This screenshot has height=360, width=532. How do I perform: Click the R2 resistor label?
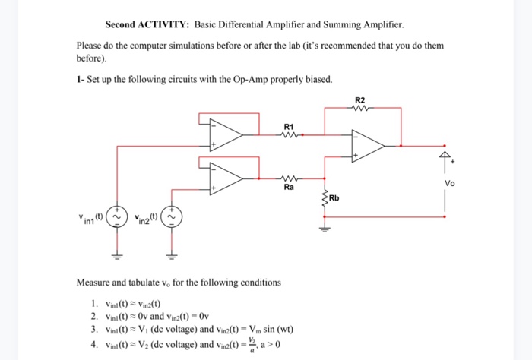(359, 99)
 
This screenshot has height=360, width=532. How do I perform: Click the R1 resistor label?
(287, 126)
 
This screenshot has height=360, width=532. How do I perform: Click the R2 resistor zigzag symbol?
(359, 108)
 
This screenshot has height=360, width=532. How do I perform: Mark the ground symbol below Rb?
(327, 225)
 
